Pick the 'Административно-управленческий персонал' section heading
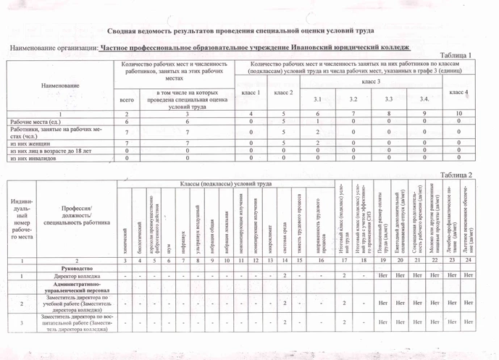pos(75,290)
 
